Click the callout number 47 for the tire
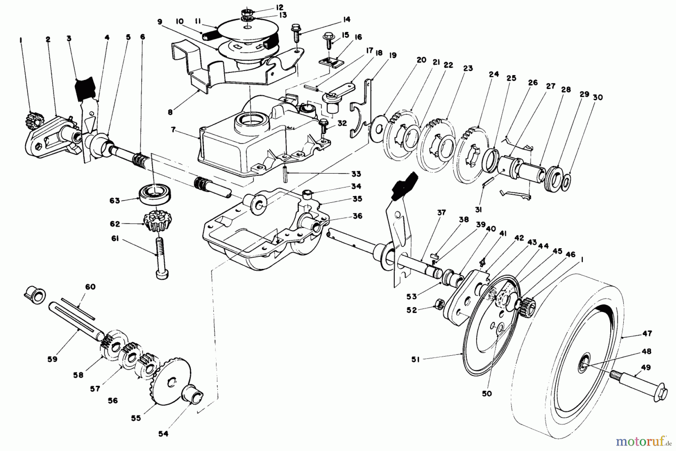tap(647, 333)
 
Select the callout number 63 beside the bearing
tap(115, 201)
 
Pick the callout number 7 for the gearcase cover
tap(173, 130)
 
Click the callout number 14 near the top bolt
tap(346, 19)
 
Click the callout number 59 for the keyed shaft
tap(53, 359)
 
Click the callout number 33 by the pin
tap(356, 174)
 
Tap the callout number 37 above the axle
tap(441, 213)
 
